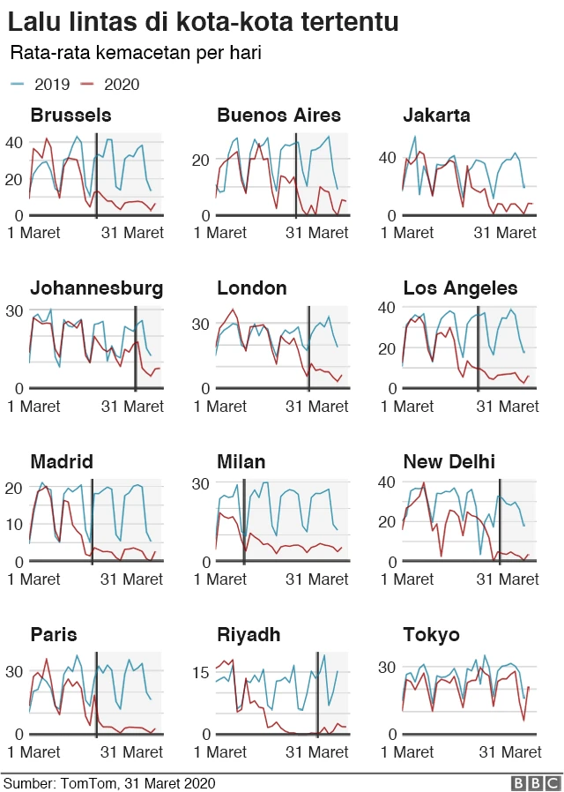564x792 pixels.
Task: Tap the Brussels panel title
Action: (x=70, y=116)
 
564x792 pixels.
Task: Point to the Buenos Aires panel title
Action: (x=278, y=116)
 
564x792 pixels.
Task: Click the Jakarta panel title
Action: (x=436, y=116)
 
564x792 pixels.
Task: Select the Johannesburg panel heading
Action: (x=96, y=288)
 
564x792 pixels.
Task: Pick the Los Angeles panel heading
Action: (x=460, y=288)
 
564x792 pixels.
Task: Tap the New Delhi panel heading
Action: (x=449, y=462)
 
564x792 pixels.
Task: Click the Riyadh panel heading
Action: (x=249, y=635)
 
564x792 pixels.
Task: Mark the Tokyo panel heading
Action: (x=431, y=635)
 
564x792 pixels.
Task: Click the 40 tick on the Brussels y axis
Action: (x=14, y=141)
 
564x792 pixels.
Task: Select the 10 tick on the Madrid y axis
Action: (x=14, y=524)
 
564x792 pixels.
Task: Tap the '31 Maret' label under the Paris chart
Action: (x=131, y=752)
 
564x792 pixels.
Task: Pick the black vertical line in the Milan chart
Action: (x=244, y=520)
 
